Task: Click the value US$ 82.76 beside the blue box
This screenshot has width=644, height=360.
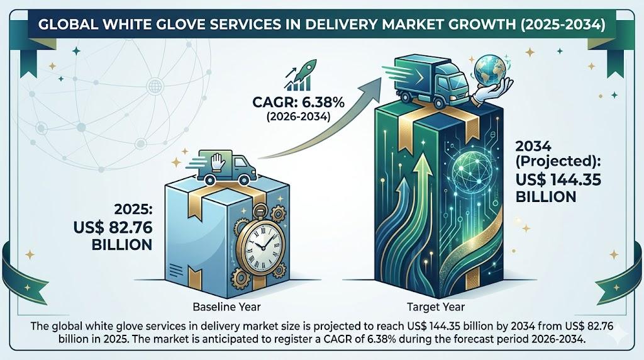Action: pyautogui.click(x=113, y=227)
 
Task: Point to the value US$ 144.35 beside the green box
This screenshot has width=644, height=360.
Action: pyautogui.click(x=558, y=179)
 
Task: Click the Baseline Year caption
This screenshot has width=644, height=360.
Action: pyautogui.click(x=226, y=307)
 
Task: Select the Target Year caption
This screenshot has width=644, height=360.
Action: pyautogui.click(x=436, y=307)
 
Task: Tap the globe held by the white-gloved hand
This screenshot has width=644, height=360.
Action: pyautogui.click(x=491, y=70)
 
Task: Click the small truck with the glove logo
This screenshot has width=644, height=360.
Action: pyautogui.click(x=226, y=167)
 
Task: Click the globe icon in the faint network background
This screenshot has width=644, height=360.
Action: pyautogui.click(x=155, y=86)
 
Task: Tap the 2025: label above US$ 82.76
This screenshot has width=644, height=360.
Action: pyautogui.click(x=133, y=210)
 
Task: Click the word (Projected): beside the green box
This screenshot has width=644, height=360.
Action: pyautogui.click(x=558, y=162)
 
